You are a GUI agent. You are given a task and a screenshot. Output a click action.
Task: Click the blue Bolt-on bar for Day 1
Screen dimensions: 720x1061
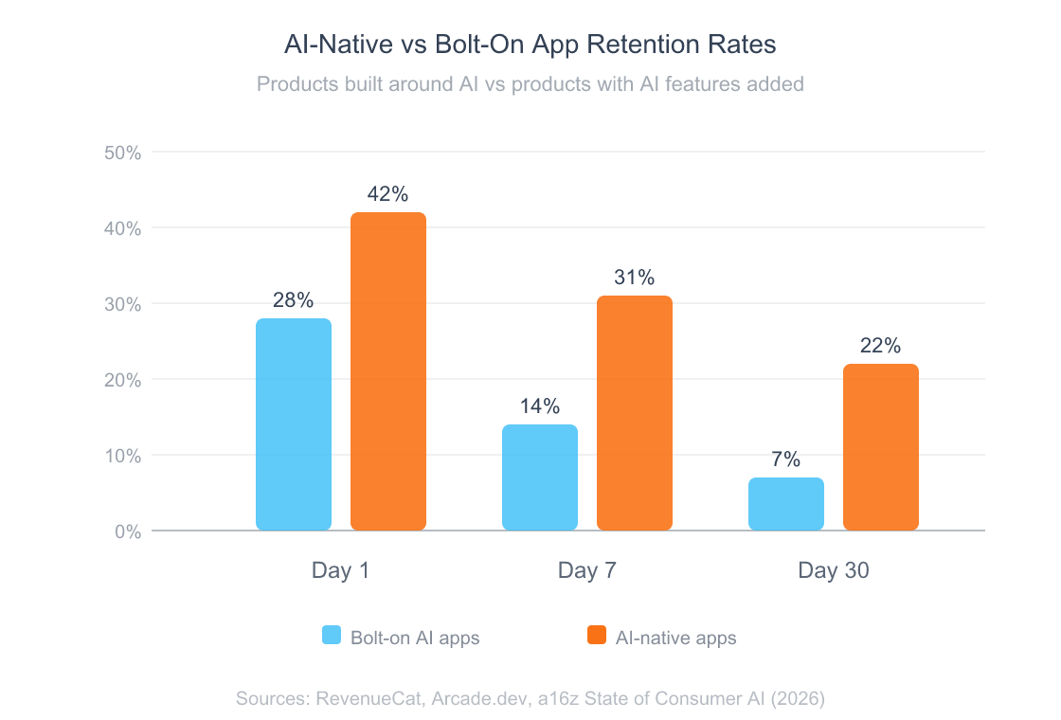pos(294,424)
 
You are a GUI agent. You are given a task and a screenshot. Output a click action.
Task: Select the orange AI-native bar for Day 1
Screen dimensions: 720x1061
pos(388,371)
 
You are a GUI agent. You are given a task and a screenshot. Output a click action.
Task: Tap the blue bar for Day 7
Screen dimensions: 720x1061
pos(540,477)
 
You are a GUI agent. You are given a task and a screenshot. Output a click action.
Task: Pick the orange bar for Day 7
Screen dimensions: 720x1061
pos(635,413)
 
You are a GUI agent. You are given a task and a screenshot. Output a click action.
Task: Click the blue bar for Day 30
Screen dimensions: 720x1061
pos(786,504)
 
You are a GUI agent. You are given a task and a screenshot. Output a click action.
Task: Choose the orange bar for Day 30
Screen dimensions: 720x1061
pos(881,447)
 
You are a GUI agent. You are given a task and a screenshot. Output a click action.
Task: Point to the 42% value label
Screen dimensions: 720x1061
pos(388,194)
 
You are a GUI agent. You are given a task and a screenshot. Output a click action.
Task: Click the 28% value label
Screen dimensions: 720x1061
pos(294,300)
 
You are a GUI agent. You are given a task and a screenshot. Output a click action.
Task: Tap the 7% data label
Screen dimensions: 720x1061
pos(786,459)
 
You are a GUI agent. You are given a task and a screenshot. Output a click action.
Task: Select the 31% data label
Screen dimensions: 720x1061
pos(635,278)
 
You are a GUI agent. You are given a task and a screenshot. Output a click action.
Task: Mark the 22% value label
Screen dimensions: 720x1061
pos(881,346)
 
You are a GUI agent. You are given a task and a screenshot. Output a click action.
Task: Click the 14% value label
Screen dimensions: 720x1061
pos(540,406)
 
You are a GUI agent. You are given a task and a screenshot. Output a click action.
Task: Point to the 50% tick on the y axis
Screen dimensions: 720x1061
pos(121,153)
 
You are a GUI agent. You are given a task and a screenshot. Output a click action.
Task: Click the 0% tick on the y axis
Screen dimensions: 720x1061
pos(127,531)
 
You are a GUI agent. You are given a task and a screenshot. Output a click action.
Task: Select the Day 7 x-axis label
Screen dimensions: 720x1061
pos(587,570)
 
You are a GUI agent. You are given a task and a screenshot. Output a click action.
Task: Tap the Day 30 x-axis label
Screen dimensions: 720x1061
pos(834,570)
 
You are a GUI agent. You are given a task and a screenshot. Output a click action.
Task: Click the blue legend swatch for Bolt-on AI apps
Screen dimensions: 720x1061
pos(332,636)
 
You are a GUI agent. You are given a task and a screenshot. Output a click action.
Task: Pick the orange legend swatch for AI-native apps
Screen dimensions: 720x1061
pos(597,636)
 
